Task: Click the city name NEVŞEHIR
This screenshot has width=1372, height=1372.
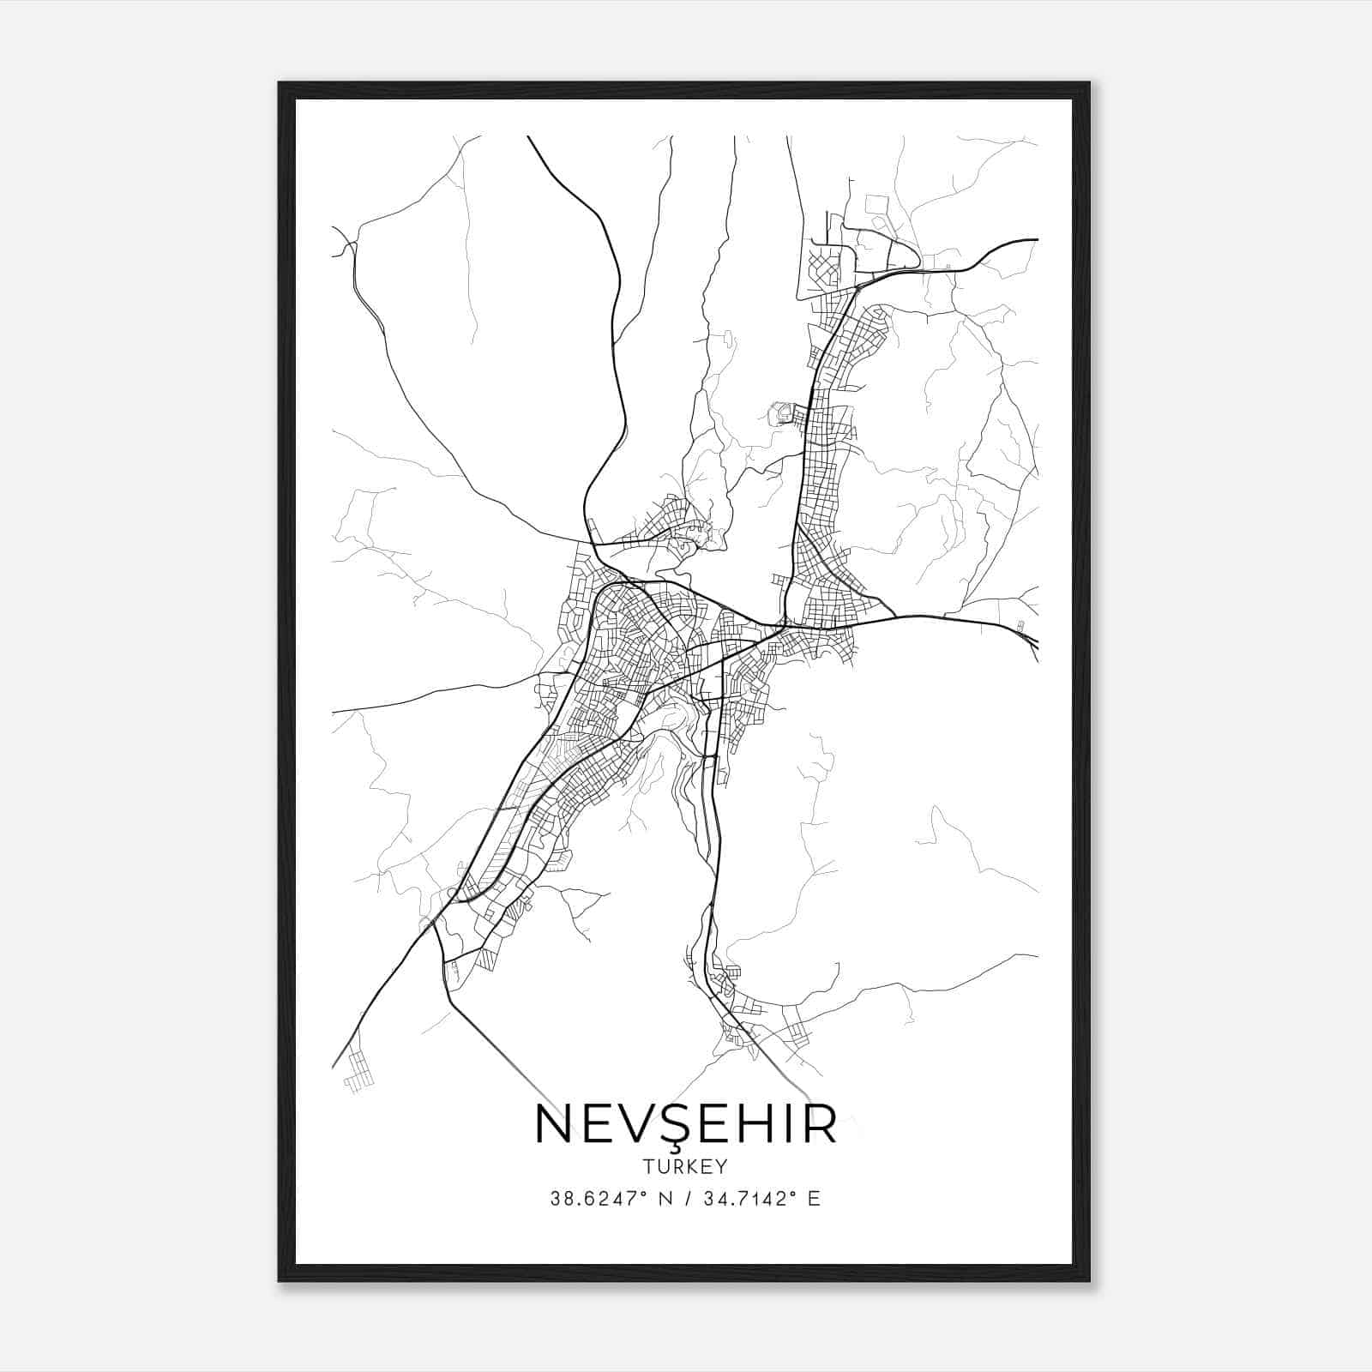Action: (685, 1124)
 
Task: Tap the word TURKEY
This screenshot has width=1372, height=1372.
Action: (685, 1167)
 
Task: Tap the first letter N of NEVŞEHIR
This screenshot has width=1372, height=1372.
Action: (554, 1124)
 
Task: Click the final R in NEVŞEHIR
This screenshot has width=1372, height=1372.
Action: (819, 1124)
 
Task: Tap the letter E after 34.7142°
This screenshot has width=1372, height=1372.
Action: (814, 1199)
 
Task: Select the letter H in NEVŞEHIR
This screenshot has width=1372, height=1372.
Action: (747, 1124)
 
